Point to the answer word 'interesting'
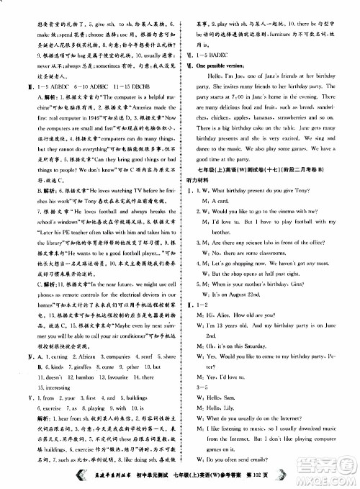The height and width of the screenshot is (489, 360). [46, 387]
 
